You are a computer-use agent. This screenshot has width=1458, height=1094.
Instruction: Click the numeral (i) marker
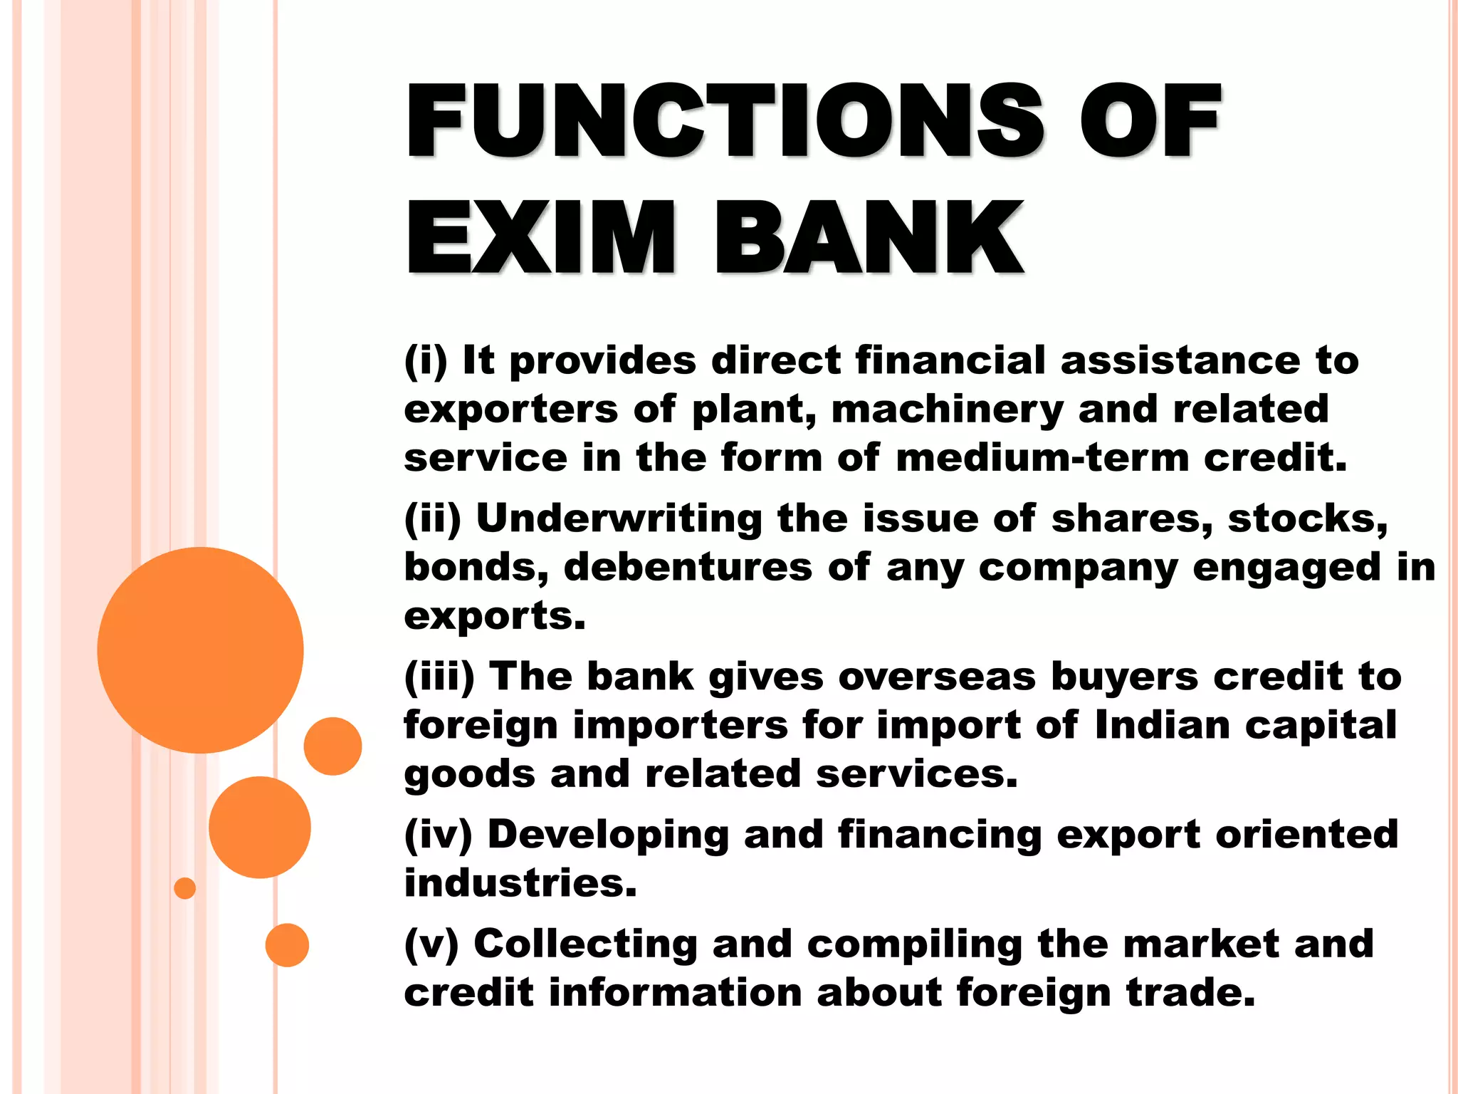[x=426, y=360]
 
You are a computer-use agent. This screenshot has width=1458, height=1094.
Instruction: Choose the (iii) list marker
[x=439, y=676]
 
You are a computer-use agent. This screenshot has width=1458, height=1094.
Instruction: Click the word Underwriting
[x=619, y=518]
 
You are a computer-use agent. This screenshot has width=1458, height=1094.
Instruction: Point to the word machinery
[x=947, y=410]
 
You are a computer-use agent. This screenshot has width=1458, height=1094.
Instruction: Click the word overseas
[x=937, y=676]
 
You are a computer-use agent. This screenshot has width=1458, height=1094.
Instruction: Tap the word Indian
[x=1163, y=725]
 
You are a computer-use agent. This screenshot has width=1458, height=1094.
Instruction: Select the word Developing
[x=608, y=835]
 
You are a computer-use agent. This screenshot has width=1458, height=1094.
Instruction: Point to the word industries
[x=520, y=883]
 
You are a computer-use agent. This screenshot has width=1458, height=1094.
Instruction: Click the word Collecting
[x=585, y=944]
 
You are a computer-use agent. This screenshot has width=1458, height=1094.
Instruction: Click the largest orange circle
[x=200, y=650]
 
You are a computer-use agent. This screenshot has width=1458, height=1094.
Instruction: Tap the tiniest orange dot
[x=184, y=888]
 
